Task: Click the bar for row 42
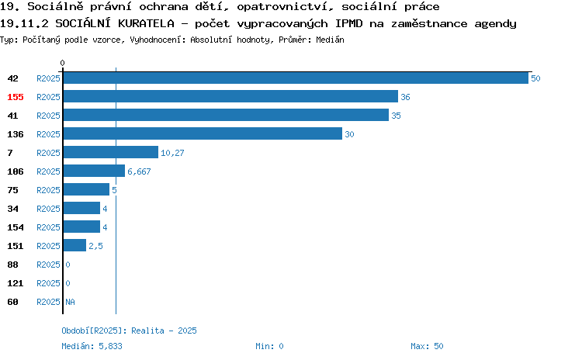pos(296,78)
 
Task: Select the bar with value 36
pos(230,96)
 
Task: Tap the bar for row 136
pos(203,133)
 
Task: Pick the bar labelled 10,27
pos(111,152)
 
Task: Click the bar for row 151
pos(74,245)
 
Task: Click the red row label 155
pos(16,97)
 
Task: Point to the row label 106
pos(16,171)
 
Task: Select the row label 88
pos(12,265)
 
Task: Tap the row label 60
pos(12,302)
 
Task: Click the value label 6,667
pos(139,171)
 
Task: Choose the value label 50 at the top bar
pos(535,78)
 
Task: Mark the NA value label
pos(70,302)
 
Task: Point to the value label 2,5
pos(95,246)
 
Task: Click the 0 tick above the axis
pos(62,63)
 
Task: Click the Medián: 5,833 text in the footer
pos(92,346)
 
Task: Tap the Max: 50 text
pos(427,346)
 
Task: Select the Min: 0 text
pos(269,346)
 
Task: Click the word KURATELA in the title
pos(146,23)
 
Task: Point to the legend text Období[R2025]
pos(92,331)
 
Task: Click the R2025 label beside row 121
pos(48,283)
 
